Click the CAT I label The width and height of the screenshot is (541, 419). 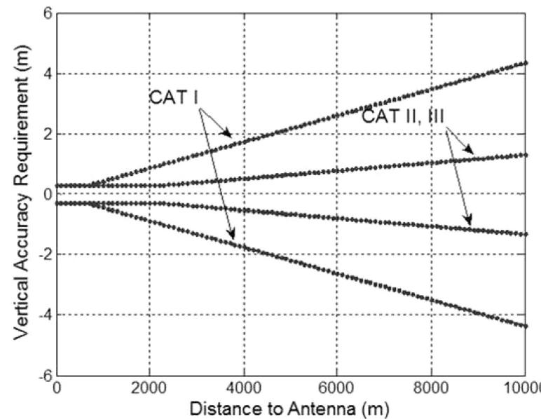175,97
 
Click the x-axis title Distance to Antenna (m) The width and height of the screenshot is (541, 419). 290,407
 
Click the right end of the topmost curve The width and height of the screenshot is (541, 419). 526,63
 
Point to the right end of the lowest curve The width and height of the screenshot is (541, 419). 526,326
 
